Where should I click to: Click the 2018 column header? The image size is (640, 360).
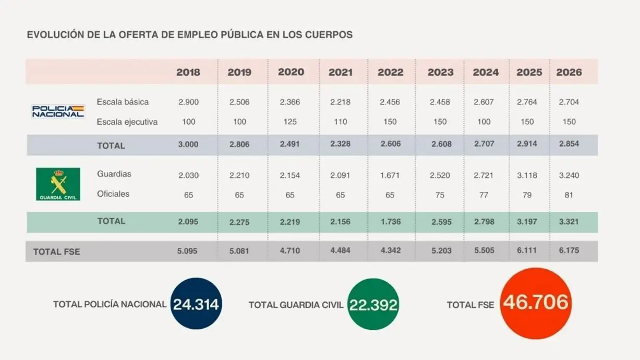[x=188, y=73]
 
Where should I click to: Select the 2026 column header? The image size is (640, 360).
[x=569, y=73]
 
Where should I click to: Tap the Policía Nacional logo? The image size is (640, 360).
[x=58, y=111]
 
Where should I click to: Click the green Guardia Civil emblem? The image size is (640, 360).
[x=58, y=184]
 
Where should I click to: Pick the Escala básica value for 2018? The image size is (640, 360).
[x=188, y=102]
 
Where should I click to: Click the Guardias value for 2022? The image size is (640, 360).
[x=390, y=175]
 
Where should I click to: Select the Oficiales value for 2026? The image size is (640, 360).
[x=569, y=195]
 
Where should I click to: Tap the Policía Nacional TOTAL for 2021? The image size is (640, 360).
[x=340, y=145]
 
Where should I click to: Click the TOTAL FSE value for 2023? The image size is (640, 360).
[x=441, y=251]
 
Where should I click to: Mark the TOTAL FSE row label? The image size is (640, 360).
[x=57, y=251]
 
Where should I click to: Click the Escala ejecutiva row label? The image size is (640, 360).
[x=127, y=122]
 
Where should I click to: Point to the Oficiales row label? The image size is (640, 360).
[x=113, y=194]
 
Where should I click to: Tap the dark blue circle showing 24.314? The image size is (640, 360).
[x=196, y=304]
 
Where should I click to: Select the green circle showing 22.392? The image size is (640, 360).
[x=373, y=304]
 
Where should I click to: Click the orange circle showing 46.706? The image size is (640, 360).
[x=536, y=303]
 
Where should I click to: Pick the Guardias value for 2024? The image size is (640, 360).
[x=485, y=175]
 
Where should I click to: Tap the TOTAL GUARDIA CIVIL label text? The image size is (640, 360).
[x=296, y=305]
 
